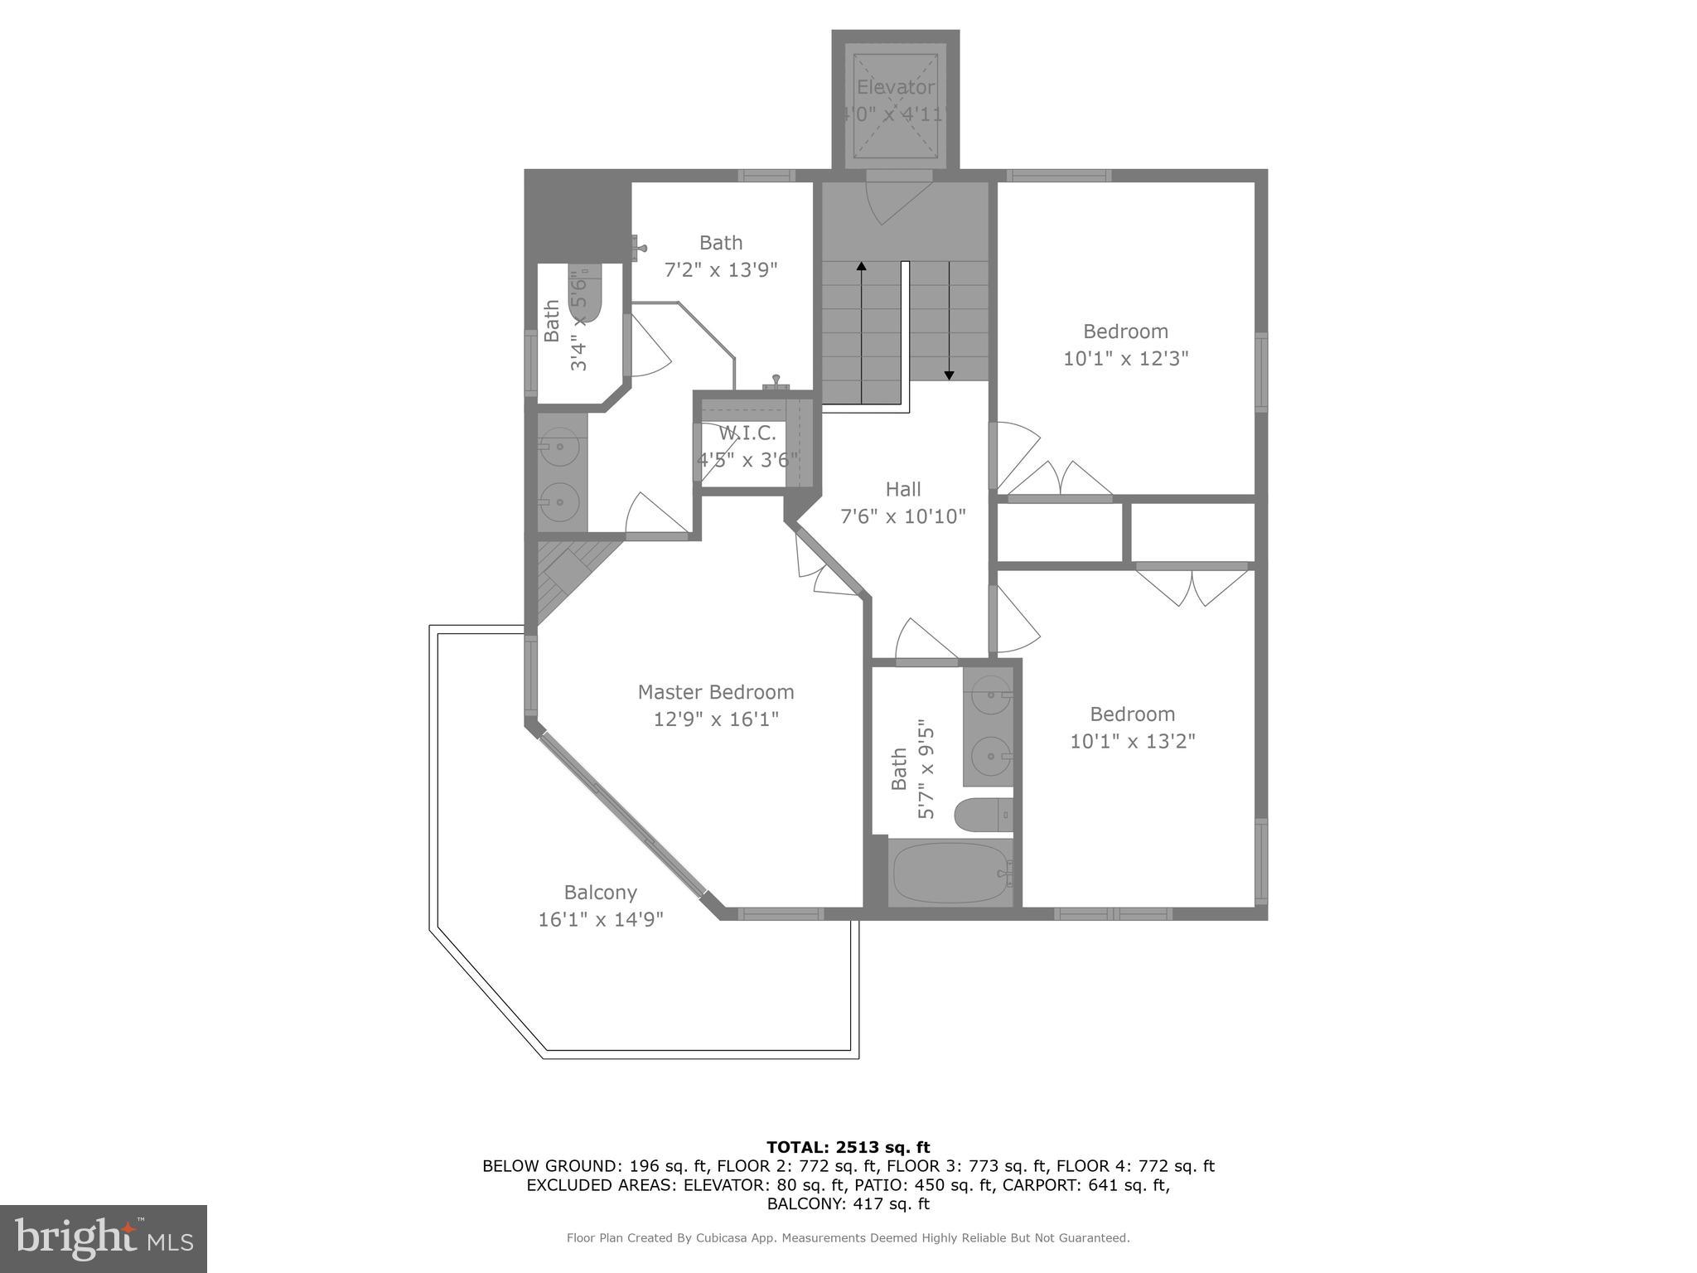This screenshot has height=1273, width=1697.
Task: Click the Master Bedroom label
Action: (x=715, y=692)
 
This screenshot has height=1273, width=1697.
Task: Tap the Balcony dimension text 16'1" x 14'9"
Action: (x=601, y=919)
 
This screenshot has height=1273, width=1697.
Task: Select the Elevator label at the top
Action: (x=895, y=87)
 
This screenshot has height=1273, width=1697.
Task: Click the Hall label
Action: (x=902, y=489)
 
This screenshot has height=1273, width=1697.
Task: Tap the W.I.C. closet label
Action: (x=747, y=433)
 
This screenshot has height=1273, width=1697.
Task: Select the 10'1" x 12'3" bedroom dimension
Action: (x=1125, y=358)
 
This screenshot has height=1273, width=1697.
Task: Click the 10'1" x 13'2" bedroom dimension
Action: (x=1132, y=741)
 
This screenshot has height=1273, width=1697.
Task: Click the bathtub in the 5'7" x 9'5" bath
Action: (x=950, y=873)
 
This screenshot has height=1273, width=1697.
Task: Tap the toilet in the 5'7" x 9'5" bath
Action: (x=983, y=815)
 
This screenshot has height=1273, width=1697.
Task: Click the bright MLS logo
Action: (x=104, y=1238)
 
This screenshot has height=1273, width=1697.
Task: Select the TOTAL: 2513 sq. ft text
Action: (x=848, y=1147)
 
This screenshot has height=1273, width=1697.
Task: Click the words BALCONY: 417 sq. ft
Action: (x=848, y=1203)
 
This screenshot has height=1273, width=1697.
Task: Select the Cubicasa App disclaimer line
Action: (x=848, y=1238)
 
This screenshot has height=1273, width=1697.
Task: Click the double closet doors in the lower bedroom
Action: (x=1192, y=585)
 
